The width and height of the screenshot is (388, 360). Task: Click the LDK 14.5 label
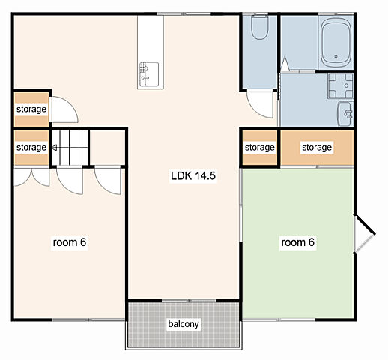[193, 175]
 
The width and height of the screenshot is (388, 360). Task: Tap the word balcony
[184, 324]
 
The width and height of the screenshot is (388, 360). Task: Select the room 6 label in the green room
[297, 242]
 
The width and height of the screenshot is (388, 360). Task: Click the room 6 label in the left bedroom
[70, 242]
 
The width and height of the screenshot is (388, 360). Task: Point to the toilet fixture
[260, 27]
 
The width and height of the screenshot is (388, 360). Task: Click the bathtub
[336, 43]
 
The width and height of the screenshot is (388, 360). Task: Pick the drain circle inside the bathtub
[336, 57]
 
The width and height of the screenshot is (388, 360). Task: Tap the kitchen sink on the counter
[149, 74]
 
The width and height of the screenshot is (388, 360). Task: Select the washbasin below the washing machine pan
[345, 114]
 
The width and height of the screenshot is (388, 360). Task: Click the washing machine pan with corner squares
[340, 85]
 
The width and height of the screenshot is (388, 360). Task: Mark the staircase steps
[70, 148]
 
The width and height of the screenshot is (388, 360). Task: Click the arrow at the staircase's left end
[54, 148]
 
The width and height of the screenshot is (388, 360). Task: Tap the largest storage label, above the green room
[317, 148]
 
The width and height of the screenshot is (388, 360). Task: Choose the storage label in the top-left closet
[31, 109]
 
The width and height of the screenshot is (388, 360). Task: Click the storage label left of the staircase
[31, 148]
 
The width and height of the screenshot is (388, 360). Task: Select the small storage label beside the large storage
[260, 148]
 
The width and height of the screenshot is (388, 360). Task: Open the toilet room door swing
[260, 104]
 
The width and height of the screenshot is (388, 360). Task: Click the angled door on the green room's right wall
[365, 233]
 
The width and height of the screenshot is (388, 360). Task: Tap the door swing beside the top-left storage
[64, 109]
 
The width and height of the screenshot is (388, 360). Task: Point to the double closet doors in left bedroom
[31, 177]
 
